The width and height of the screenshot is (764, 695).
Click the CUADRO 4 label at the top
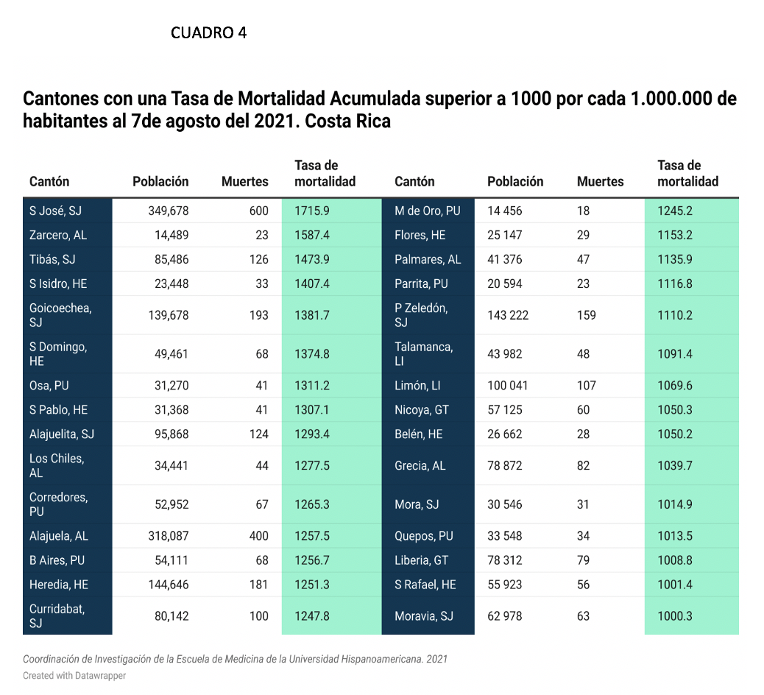coord(208,32)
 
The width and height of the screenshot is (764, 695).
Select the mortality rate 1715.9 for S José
coord(312,211)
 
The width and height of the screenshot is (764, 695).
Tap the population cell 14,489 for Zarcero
coord(171,235)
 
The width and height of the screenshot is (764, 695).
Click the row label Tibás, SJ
coord(52,259)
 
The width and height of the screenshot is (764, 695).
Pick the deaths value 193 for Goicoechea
coord(259,315)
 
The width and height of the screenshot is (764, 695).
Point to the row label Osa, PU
coord(49,386)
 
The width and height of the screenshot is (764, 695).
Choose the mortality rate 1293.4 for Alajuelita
coord(312,434)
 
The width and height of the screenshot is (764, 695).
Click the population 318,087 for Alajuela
coord(168,536)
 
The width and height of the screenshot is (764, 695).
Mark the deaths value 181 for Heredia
coord(259,585)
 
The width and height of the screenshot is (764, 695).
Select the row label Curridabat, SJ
coord(57,616)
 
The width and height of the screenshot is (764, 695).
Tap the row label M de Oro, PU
coord(428,211)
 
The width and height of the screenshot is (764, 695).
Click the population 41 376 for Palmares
coord(505,259)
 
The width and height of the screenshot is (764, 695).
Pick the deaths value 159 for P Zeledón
coord(586,315)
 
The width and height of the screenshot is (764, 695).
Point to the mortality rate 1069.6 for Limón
coord(675,386)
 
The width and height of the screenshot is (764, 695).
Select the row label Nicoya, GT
coord(422,410)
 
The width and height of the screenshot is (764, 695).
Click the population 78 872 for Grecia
coord(505,465)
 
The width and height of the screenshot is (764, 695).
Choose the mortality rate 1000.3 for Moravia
coord(675,616)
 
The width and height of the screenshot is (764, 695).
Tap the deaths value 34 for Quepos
coord(583,536)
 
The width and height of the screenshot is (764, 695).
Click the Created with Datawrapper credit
coord(74,676)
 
